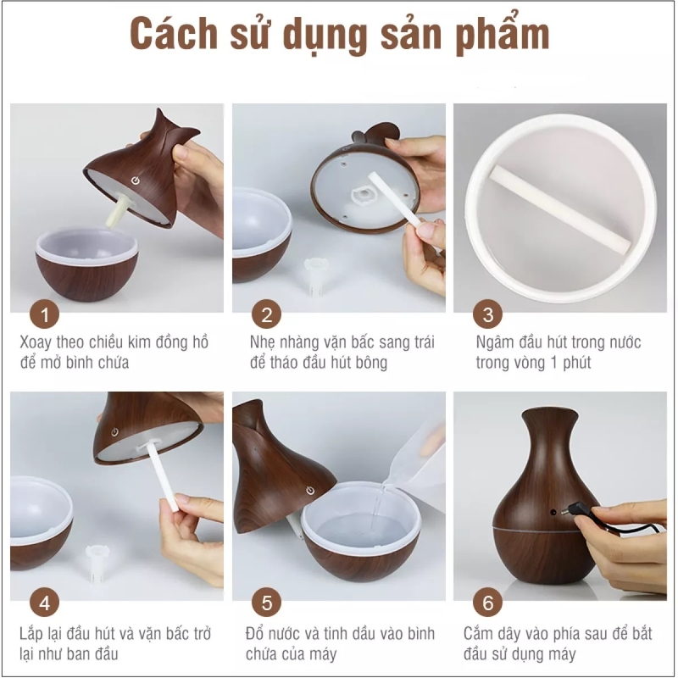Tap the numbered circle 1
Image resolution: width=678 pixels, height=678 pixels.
[x=45, y=316]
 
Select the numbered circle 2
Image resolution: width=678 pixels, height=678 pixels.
[x=267, y=316]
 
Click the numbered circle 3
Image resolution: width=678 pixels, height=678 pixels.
[x=487, y=316]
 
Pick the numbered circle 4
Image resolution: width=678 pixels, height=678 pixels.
[x=45, y=604]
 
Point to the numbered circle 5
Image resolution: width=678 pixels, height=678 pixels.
[x=267, y=604]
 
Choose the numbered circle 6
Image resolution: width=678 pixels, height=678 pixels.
[x=487, y=604]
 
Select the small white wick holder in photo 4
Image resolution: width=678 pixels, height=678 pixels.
[x=99, y=559]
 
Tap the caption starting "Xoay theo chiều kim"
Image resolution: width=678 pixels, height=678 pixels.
[x=114, y=353]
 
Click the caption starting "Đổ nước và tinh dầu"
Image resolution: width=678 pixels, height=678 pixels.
[x=335, y=643]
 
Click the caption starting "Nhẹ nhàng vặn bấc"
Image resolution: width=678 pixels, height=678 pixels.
[x=335, y=353]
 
